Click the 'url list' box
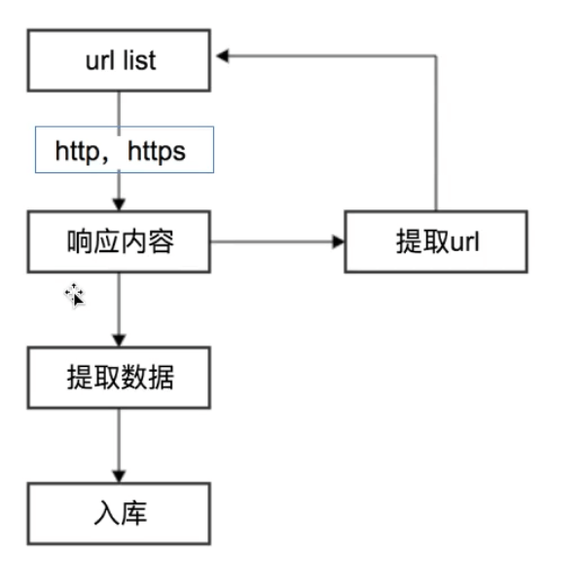119,60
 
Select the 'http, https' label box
125,150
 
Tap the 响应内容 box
119,241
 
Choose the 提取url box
436,241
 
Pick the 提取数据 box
119,378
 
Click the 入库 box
119,514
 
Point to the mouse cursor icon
75,296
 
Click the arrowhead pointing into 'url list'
223,56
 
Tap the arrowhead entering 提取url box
339,241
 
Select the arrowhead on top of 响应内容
119,204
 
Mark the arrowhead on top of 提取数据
119,341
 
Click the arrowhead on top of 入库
119,477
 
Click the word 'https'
157,152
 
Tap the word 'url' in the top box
99,60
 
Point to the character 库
134,513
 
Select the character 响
80,241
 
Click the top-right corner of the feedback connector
436,56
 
